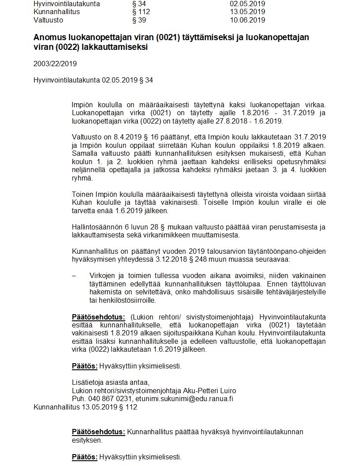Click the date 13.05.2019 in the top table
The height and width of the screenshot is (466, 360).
[247, 12]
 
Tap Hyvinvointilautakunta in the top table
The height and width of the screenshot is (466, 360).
[67, 4]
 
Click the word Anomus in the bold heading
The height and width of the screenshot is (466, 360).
[49, 38]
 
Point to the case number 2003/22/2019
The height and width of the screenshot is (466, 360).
[55, 64]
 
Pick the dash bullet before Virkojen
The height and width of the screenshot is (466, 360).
[74, 276]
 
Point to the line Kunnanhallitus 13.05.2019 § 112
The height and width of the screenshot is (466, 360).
[85, 407]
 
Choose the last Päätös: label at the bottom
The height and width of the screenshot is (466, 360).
[85, 457]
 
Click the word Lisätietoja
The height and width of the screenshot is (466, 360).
[87, 383]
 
